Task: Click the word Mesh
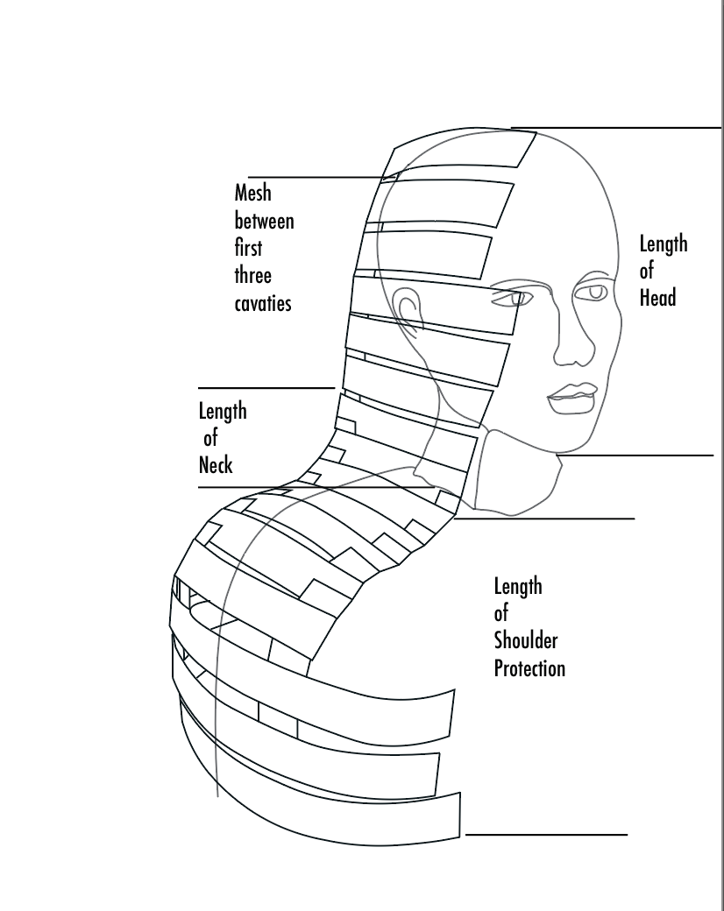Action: pos(252,193)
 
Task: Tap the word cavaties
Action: pos(263,304)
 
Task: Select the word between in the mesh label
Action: pos(264,221)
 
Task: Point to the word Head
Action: pos(657,297)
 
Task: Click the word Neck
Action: pos(216,464)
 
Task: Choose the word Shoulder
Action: pos(526,640)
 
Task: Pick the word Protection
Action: pos(529,668)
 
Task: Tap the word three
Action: pos(252,276)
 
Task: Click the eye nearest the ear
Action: pos(508,299)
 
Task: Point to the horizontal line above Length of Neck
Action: pos(266,387)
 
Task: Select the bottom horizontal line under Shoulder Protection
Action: pos(546,835)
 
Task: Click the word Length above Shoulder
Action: pos(518,585)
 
